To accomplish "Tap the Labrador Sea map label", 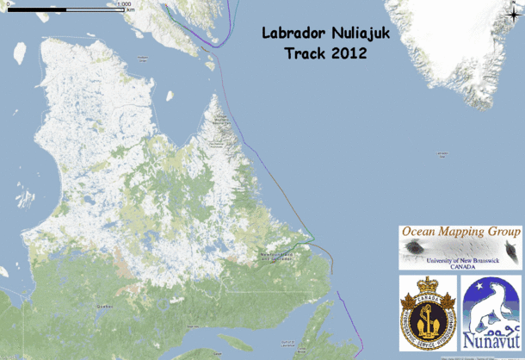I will click(x=442, y=154).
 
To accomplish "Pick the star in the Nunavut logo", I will click(x=474, y=291).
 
